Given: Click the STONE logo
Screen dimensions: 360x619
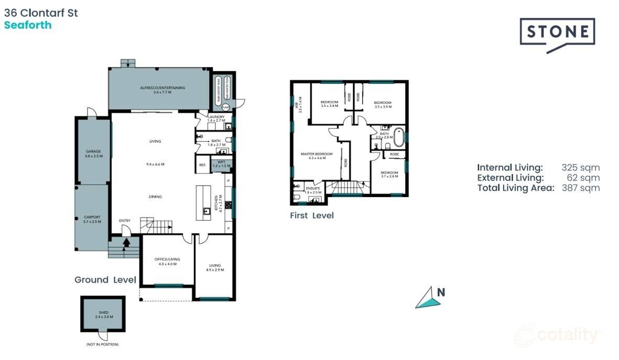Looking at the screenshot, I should pos(557,32).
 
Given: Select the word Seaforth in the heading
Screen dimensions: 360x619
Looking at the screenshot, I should pos(28,25).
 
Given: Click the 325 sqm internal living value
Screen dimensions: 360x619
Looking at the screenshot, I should pos(580,168).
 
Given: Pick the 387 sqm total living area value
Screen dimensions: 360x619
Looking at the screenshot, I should pos(580,188).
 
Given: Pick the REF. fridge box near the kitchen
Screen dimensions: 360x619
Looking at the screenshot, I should pos(202,165).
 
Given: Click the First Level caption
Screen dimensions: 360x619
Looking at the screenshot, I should pos(312,215).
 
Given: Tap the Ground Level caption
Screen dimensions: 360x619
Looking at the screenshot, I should pos(105,280).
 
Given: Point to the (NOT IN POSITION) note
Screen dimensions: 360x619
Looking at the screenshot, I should pos(102,344).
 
